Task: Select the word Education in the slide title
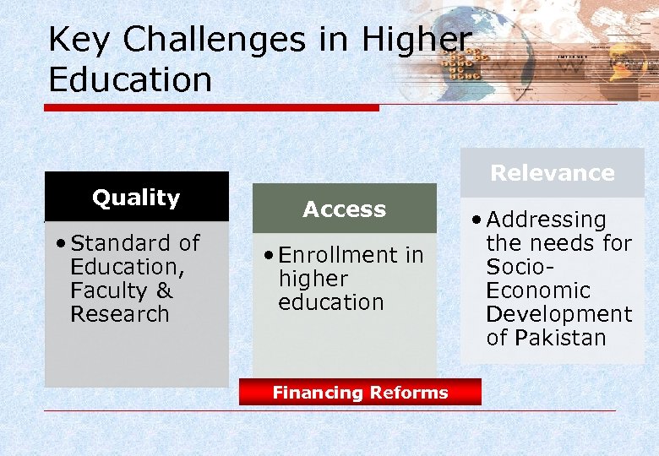click(130, 80)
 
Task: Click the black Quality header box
click(136, 198)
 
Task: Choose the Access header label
click(344, 209)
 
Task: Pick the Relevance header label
click(553, 173)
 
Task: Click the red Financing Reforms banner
click(360, 393)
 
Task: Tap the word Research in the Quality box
click(120, 314)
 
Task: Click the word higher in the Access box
click(313, 279)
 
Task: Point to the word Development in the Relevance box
click(558, 314)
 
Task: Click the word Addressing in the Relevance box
click(547, 220)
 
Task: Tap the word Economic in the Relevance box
click(538, 290)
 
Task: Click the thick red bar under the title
click(211, 108)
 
